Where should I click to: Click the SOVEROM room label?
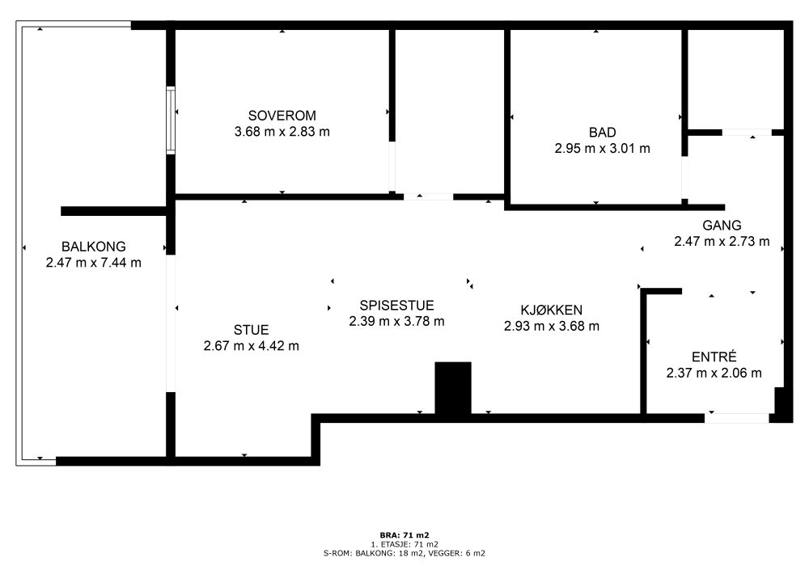coord(282,116)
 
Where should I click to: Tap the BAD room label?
coord(602,133)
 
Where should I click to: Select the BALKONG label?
coord(93,247)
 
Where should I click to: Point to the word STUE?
coord(251,330)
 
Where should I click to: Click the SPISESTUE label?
coord(396,305)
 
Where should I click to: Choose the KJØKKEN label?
coord(552,310)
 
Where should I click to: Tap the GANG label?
coord(722,226)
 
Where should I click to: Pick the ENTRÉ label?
coord(714,357)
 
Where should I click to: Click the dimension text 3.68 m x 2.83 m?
coord(282,132)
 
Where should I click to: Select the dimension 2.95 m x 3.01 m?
coord(602,149)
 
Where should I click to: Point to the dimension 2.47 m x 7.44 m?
coord(93,262)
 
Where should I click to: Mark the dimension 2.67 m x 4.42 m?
coord(252,346)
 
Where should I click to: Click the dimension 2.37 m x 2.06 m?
coord(714,373)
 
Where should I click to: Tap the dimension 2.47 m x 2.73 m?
coord(722,241)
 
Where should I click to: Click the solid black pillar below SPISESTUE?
coord(453,387)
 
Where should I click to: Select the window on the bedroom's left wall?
coord(171,120)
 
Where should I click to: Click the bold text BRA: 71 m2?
coord(404,535)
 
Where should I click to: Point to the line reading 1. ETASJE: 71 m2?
coord(404,544)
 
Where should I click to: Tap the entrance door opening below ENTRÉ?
coord(737,418)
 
